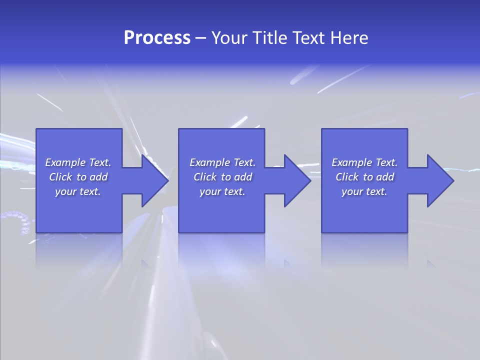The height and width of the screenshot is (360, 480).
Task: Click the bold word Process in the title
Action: point(157,38)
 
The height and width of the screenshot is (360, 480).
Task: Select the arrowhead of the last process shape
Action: point(439,180)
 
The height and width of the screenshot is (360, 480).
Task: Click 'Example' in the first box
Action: point(65,162)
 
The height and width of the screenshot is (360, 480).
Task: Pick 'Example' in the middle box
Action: point(209,162)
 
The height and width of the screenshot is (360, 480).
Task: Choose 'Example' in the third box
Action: point(351,162)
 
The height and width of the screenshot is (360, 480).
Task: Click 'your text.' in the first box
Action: point(78,191)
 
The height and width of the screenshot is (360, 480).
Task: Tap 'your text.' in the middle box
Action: point(222,191)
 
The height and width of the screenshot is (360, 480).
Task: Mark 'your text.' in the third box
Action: point(364,191)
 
